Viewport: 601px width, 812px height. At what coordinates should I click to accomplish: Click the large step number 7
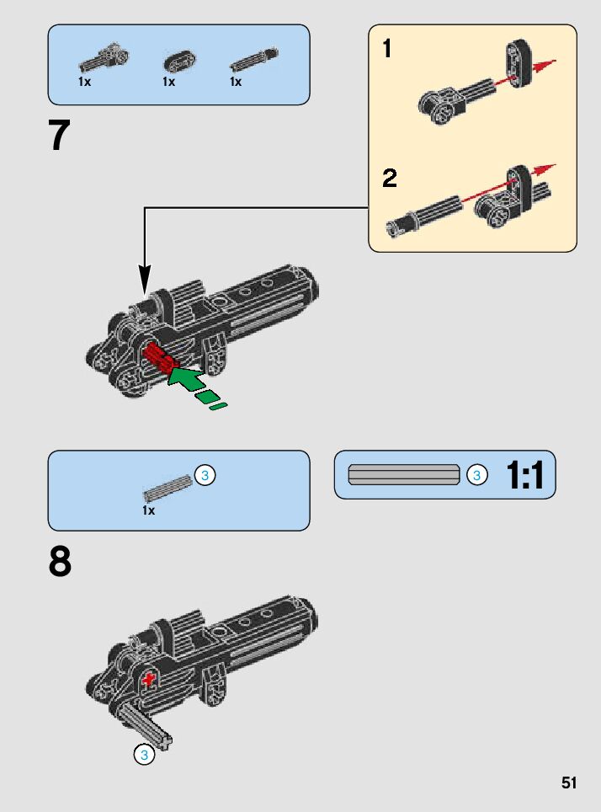tap(59, 136)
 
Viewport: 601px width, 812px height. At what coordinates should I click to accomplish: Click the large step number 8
tap(60, 563)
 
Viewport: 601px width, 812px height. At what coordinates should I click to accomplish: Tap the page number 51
tap(569, 783)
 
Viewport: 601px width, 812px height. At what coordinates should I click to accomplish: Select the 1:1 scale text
tap(525, 476)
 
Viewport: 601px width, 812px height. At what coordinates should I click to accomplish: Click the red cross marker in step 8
tap(150, 679)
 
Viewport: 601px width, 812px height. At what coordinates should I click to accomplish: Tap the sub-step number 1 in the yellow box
tap(386, 50)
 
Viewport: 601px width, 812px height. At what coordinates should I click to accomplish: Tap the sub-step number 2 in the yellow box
tap(389, 179)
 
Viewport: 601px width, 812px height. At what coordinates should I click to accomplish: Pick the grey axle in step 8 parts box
tap(168, 488)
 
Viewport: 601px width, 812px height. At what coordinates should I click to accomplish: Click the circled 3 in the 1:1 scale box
tap(476, 476)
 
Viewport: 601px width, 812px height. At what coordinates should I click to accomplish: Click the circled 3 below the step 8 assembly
tap(144, 756)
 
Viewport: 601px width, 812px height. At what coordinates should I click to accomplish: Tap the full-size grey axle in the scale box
tap(404, 475)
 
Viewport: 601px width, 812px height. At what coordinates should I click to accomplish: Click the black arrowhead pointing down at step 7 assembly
tap(145, 278)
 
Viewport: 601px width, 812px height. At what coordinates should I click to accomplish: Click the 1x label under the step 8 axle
tap(149, 510)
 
